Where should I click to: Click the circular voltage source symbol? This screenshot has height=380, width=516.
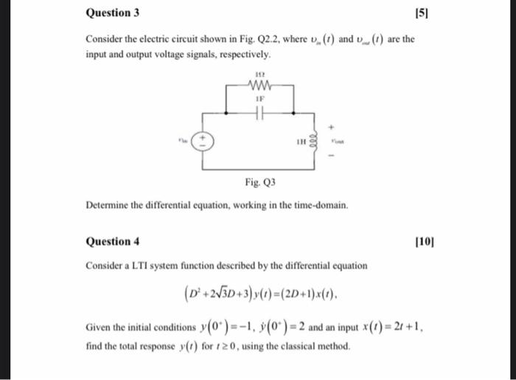click(205, 140)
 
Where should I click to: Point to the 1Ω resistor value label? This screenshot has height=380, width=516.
click(259, 75)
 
